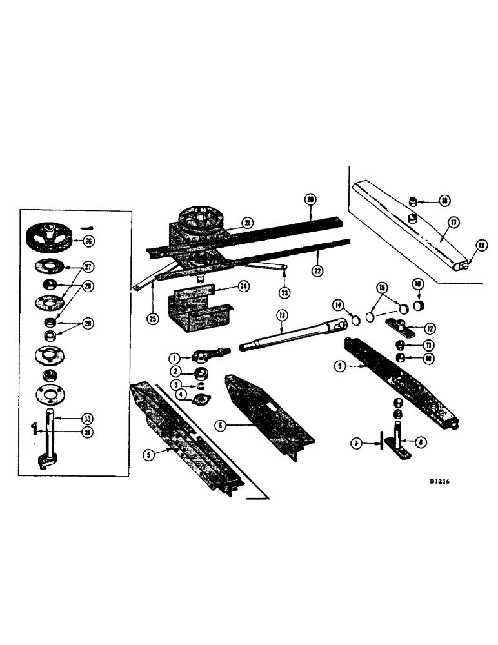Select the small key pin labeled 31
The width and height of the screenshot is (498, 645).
35,428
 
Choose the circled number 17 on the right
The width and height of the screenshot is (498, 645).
453,223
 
